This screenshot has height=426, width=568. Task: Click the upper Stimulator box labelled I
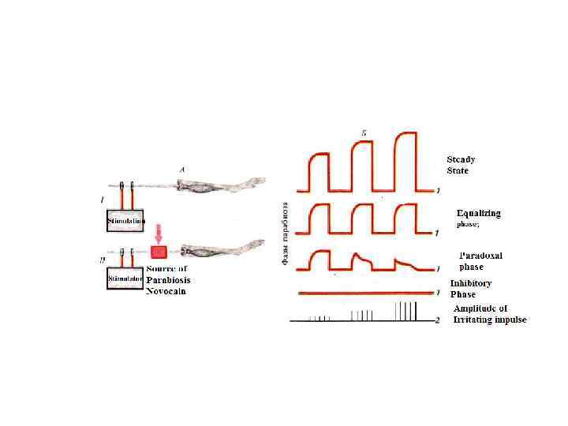point(125,220)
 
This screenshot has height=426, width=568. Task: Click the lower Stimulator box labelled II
point(125,278)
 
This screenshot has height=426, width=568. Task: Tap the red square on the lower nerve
point(159,252)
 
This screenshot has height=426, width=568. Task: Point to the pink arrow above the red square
point(159,234)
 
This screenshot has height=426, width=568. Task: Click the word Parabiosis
point(168,280)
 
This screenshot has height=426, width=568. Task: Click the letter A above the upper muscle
point(182,169)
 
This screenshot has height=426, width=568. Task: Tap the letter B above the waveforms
point(363,133)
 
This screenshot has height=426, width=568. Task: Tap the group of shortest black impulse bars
point(319,318)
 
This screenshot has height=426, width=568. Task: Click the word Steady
point(461,159)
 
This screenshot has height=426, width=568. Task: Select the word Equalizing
point(479,213)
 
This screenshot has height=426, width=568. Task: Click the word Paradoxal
point(480,256)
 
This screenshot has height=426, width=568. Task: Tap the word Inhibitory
point(471,283)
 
